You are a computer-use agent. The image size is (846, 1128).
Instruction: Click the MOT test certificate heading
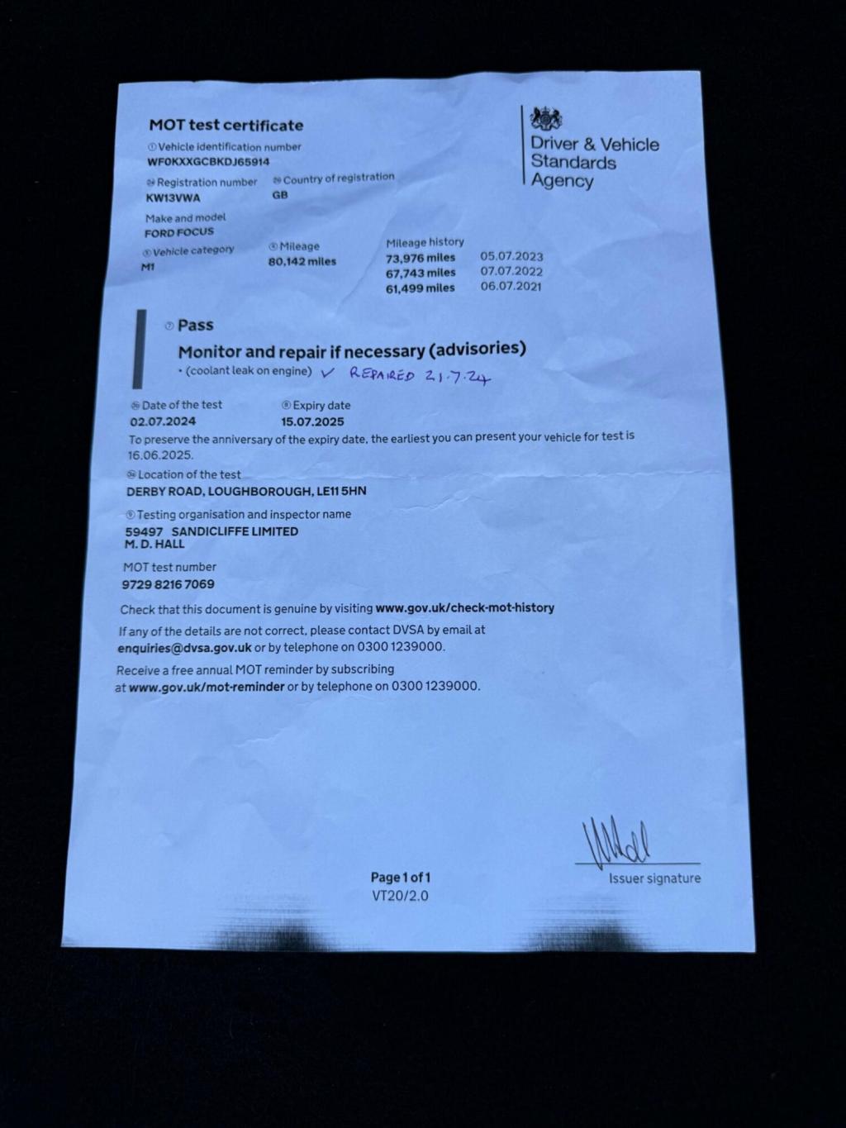pos(226,126)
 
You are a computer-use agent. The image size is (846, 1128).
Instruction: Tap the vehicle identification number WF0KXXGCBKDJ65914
pos(208,162)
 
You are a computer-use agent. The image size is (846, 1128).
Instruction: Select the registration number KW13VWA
pos(173,198)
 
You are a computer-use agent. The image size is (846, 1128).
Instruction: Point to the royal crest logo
pos(546,119)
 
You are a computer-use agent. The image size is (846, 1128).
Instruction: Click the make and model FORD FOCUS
pos(179,233)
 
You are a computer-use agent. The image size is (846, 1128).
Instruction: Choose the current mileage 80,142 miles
pos(302,262)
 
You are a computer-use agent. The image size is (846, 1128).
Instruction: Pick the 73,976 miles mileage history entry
pos(421,257)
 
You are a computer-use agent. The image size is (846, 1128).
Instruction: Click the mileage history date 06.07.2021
pos(511,286)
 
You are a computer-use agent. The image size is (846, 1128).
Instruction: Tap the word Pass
pos(195,326)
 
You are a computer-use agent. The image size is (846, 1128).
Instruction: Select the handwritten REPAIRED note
pos(382,374)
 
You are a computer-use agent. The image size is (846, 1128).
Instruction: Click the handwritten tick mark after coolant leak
pos(328,373)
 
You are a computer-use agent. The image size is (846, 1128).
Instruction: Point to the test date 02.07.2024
pos(163,421)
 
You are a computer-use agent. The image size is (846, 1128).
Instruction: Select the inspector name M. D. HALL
pos(154,545)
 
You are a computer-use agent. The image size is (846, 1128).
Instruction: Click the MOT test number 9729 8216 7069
pos(168,584)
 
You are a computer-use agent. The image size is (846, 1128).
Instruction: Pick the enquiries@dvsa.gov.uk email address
pos(184,648)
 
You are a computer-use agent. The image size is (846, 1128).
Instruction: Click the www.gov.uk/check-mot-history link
pos(464,608)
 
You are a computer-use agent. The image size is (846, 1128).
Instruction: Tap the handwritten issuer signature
pos(617,840)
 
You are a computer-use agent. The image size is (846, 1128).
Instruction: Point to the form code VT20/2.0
pos(400,896)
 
